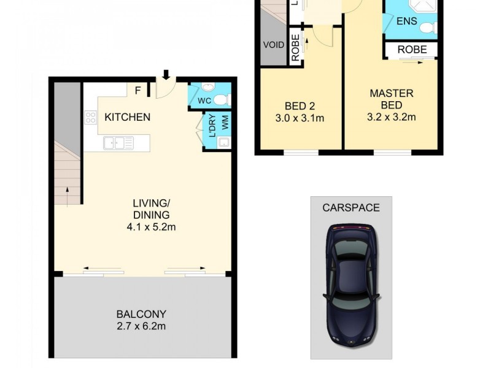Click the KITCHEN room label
click(x=127, y=117)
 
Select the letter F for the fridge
click(x=138, y=91)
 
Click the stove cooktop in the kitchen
click(x=91, y=117)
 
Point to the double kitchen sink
click(x=118, y=143)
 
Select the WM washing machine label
click(x=225, y=123)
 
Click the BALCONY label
click(x=142, y=314)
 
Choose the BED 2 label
click(x=299, y=104)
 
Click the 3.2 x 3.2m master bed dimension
click(x=391, y=117)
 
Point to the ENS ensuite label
click(x=406, y=21)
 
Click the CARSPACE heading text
click(x=351, y=208)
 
